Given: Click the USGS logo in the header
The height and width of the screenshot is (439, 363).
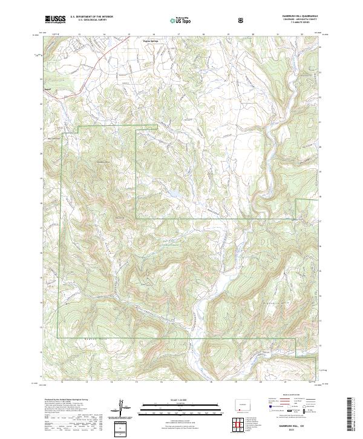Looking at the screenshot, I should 56,19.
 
